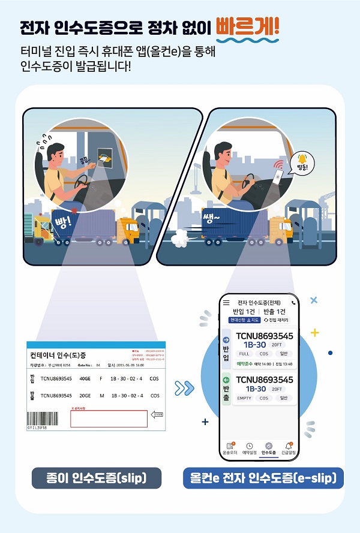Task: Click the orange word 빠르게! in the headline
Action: (247, 27)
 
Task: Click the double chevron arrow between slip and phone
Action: (184, 388)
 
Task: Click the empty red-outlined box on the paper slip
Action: (109, 418)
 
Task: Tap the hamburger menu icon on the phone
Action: (226, 303)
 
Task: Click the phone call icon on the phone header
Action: (292, 303)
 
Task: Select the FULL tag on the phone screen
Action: (244, 354)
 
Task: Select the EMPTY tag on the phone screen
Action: (244, 398)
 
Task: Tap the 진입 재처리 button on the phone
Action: (275, 320)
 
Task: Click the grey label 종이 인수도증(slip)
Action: (97, 478)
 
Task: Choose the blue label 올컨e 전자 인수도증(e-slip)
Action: (263, 478)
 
